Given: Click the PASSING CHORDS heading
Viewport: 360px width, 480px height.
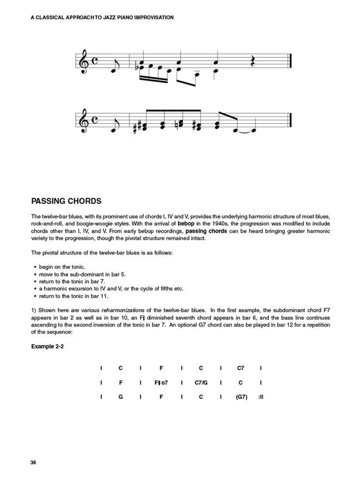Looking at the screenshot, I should tap(66, 201).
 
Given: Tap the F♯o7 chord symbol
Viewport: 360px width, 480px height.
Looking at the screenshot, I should tap(161, 382).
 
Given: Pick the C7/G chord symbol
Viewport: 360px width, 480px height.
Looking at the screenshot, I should tap(201, 382).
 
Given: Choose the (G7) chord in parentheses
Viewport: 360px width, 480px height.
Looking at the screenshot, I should tap(241, 397).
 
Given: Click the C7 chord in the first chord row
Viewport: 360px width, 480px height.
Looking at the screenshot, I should tap(241, 368).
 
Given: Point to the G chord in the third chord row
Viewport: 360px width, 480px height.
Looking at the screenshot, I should tap(121, 397).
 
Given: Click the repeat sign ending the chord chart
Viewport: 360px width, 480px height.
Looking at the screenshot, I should tap(260, 397).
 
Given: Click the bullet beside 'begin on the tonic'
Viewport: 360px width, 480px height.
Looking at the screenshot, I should tap(35, 267).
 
